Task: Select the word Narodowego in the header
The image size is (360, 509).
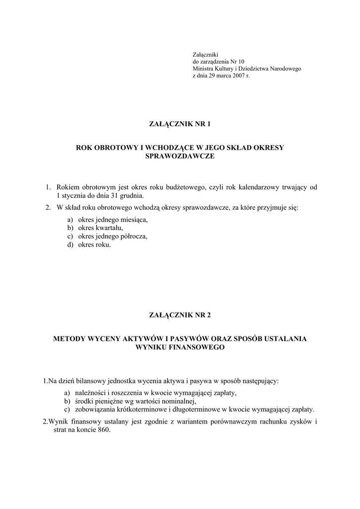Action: (285, 69)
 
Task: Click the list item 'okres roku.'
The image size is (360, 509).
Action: (91, 245)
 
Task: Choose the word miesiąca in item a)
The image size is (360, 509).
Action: (134, 219)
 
